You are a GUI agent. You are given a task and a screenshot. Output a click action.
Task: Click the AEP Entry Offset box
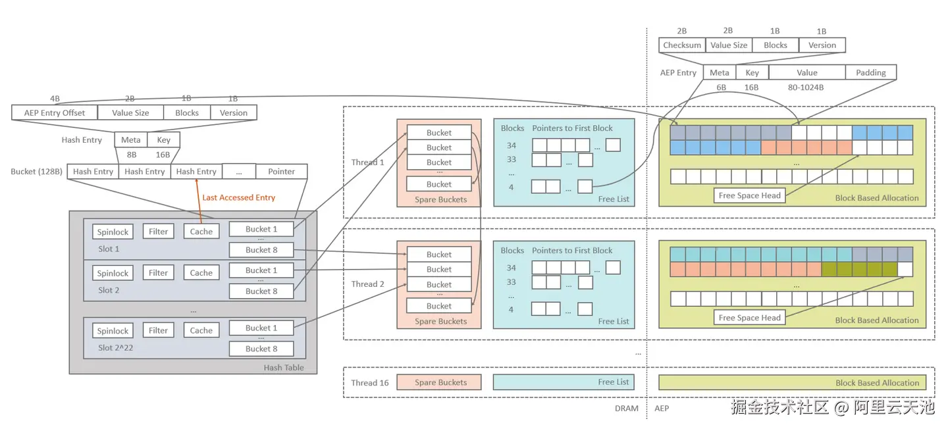tap(55, 113)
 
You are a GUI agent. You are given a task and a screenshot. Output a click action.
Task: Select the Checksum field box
tap(682, 45)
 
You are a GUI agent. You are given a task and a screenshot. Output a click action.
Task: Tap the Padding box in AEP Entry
tap(871, 72)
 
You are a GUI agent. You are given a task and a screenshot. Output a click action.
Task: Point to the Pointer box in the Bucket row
tap(281, 172)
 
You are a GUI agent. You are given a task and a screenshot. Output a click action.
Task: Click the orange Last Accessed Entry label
tap(238, 197)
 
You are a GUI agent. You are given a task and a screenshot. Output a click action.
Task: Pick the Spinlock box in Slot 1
tap(113, 232)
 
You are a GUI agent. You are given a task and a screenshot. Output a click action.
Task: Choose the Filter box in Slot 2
tap(158, 272)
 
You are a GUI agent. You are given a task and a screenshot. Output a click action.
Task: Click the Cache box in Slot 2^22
tap(201, 330)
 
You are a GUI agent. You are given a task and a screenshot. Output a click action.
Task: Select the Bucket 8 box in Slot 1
tap(261, 249)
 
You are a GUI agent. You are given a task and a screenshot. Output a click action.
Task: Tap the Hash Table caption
tap(284, 367)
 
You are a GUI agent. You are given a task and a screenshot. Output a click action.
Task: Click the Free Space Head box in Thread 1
tap(749, 195)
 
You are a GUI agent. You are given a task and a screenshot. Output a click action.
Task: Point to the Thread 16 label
tap(369, 382)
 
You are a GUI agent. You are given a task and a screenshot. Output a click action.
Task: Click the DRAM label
tap(626, 408)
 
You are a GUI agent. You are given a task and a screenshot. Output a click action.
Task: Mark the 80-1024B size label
tap(806, 87)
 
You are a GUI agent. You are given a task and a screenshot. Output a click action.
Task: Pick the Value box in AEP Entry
tap(806, 72)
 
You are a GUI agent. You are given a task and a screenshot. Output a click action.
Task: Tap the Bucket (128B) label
tap(37, 172)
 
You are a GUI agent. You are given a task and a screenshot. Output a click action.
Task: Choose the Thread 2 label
tap(368, 284)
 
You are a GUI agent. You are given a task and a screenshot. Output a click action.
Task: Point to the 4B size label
tap(55, 99)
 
